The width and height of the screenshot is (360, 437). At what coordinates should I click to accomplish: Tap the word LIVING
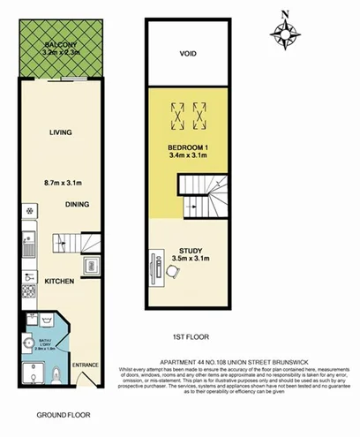coord(60,133)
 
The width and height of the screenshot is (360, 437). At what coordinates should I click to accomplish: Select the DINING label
coord(77,204)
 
